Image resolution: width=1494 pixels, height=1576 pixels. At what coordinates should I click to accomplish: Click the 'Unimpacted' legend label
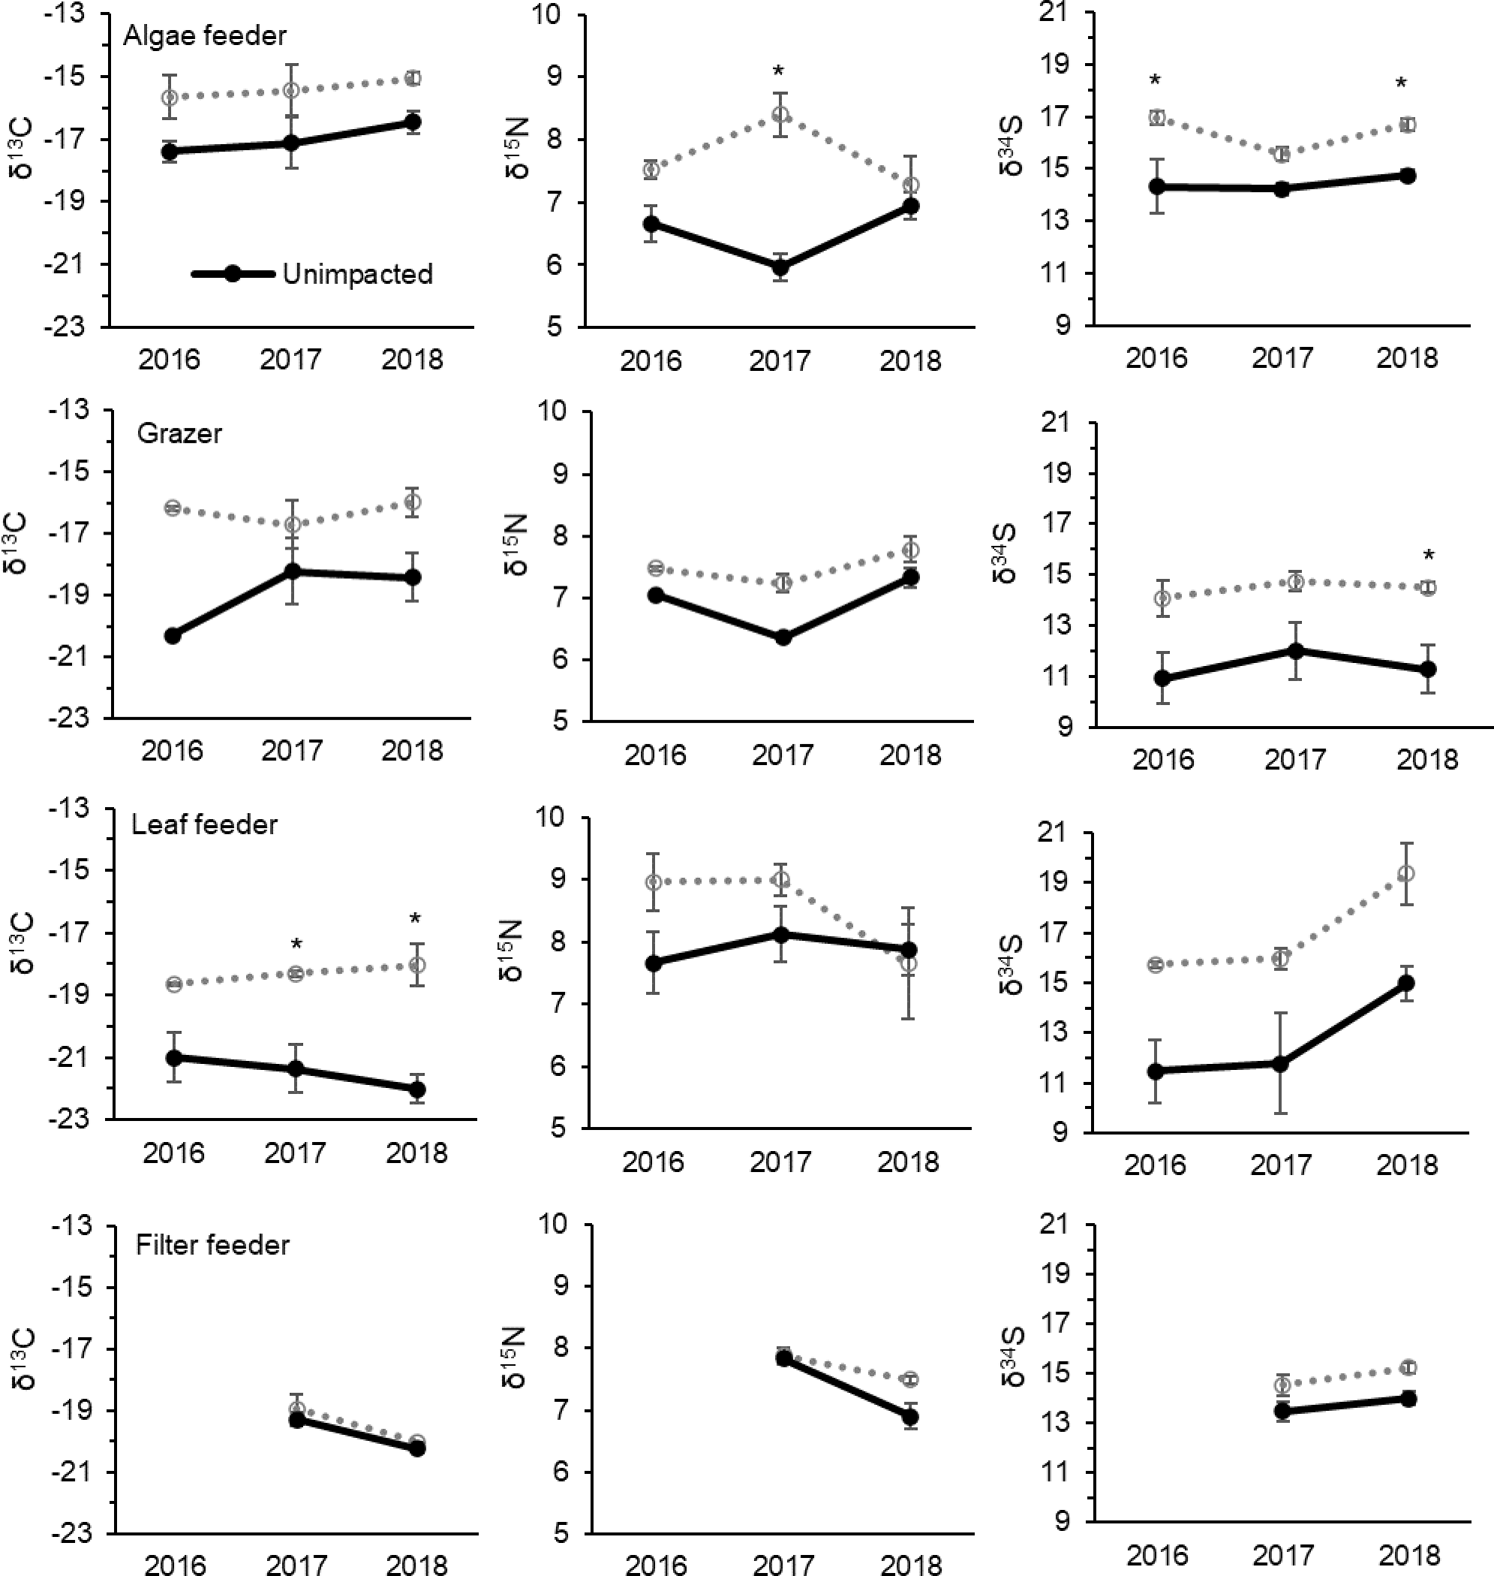tap(358, 274)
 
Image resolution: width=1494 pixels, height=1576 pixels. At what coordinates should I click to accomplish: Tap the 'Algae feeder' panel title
tap(205, 36)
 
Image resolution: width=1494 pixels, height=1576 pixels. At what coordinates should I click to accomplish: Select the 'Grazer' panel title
tap(179, 433)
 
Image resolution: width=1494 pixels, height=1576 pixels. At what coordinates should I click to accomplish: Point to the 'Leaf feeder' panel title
tap(205, 824)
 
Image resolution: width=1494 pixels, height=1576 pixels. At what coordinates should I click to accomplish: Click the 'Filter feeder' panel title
tap(212, 1246)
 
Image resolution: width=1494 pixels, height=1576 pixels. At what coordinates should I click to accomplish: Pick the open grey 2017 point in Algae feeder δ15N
tap(780, 115)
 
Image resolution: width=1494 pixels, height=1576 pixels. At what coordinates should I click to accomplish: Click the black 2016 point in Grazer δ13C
tap(172, 635)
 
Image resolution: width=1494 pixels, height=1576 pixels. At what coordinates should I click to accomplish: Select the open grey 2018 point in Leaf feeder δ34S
tap(1407, 874)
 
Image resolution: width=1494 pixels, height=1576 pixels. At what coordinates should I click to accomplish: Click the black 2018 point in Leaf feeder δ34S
tap(1407, 983)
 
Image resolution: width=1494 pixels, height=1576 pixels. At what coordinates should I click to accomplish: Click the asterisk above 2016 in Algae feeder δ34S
tap(1156, 80)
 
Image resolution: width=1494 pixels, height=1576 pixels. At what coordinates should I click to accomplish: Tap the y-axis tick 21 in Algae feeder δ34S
tap(1067, 13)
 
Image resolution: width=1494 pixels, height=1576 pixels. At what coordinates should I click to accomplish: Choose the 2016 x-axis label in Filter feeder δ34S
tap(1156, 1556)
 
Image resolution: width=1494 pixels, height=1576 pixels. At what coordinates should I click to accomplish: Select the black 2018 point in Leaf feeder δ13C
tap(416, 1089)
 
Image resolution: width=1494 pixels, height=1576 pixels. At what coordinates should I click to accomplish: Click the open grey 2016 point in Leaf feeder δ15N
tap(653, 882)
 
